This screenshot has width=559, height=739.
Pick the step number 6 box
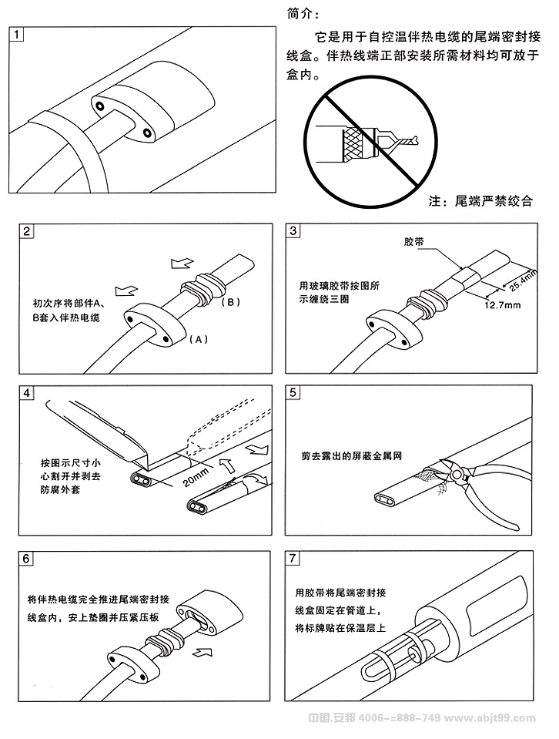pos(27,558)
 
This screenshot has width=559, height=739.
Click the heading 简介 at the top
pos(300,13)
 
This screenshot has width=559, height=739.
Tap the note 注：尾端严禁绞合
pos(480,201)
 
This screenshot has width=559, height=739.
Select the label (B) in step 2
pos(231,301)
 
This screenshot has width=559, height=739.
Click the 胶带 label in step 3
pos(414,241)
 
